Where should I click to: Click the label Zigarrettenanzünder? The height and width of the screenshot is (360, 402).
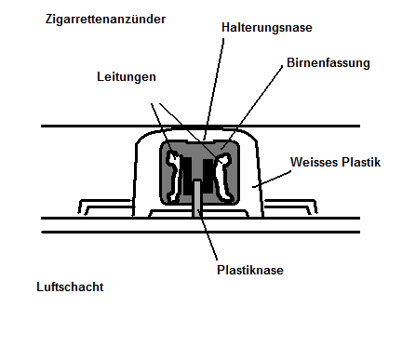click(105, 20)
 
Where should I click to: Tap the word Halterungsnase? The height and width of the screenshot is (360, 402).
click(267, 28)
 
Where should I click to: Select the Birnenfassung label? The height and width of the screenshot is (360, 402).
click(328, 63)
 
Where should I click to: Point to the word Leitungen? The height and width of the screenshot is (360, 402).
click(127, 77)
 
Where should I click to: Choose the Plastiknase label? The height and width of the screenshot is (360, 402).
click(250, 270)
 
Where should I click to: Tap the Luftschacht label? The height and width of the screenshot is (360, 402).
click(70, 287)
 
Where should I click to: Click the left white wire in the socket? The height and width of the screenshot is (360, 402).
click(173, 176)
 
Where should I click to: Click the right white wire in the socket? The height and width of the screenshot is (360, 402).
click(222, 177)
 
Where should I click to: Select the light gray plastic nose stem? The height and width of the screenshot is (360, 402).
click(197, 198)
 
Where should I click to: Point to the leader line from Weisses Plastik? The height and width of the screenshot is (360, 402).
click(272, 180)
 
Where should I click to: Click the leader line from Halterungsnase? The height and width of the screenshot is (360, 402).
click(213, 89)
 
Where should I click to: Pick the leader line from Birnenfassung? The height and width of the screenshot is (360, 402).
click(251, 108)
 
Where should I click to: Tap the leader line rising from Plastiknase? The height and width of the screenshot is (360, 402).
click(208, 234)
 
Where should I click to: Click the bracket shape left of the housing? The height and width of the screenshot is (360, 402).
click(105, 207)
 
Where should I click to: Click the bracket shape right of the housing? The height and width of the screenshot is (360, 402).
click(290, 207)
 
